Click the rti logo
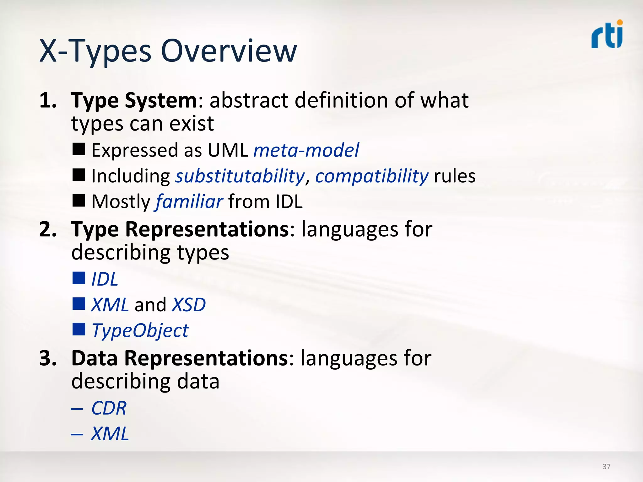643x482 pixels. click(607, 35)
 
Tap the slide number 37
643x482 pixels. click(606, 466)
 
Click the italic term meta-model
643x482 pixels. click(306, 150)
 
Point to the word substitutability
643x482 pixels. click(240, 176)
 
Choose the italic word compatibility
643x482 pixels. click(372, 176)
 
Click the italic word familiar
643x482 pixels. click(189, 201)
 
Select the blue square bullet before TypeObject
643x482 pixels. click(79, 329)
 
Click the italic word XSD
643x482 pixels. click(189, 305)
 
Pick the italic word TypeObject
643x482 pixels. click(140, 330)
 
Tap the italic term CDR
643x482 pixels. click(109, 408)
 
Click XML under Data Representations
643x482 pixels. click(110, 434)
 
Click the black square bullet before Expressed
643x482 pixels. click(79, 149)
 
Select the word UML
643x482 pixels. click(228, 150)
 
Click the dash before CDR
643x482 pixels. click(77, 409)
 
